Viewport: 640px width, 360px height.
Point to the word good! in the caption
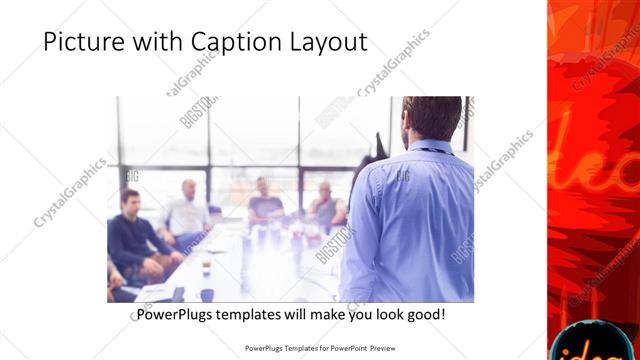pos(424,315)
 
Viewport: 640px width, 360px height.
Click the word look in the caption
pos(381,315)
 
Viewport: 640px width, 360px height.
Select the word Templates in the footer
pos(296,349)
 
